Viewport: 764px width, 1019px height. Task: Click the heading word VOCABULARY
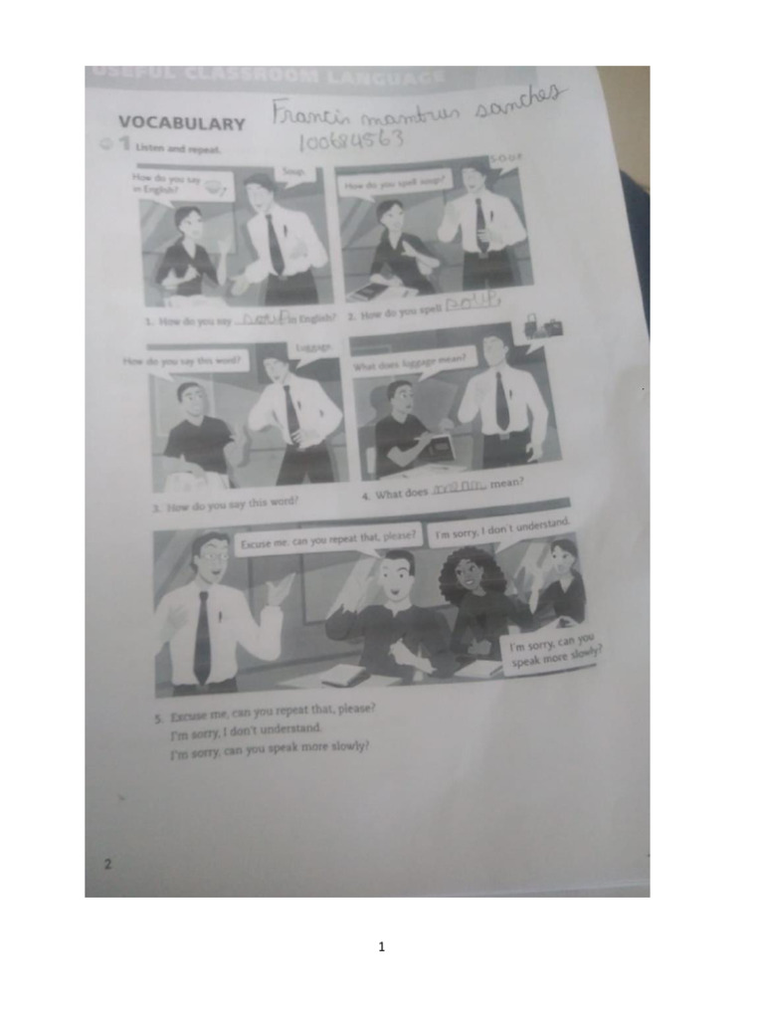pyautogui.click(x=181, y=123)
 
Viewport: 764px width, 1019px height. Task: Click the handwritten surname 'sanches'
pyautogui.click(x=516, y=103)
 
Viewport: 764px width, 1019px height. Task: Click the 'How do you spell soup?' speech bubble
pyautogui.click(x=397, y=185)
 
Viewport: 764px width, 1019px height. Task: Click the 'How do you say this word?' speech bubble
pyautogui.click(x=186, y=360)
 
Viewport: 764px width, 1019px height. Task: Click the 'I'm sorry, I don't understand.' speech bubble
pyautogui.click(x=501, y=527)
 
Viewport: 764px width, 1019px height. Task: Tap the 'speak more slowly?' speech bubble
pyautogui.click(x=554, y=656)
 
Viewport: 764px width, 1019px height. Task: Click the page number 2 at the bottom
pyautogui.click(x=107, y=864)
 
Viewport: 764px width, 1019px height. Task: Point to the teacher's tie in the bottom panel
pyautogui.click(x=203, y=636)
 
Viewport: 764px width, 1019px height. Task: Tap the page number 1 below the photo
pyautogui.click(x=381, y=946)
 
